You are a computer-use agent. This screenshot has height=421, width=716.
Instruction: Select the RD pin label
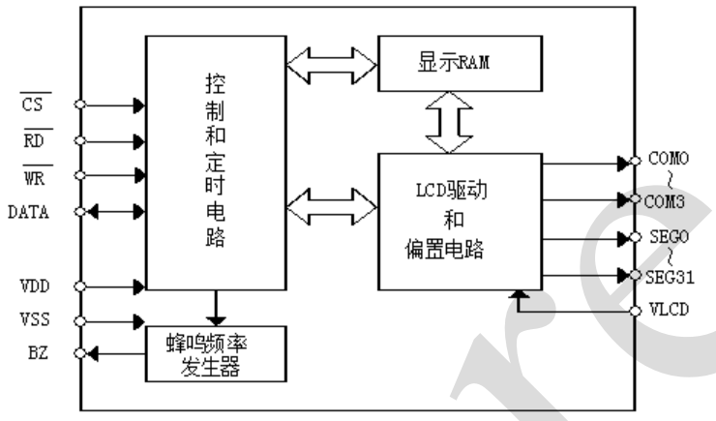(31, 140)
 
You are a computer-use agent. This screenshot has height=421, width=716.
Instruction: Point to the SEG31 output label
(669, 277)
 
